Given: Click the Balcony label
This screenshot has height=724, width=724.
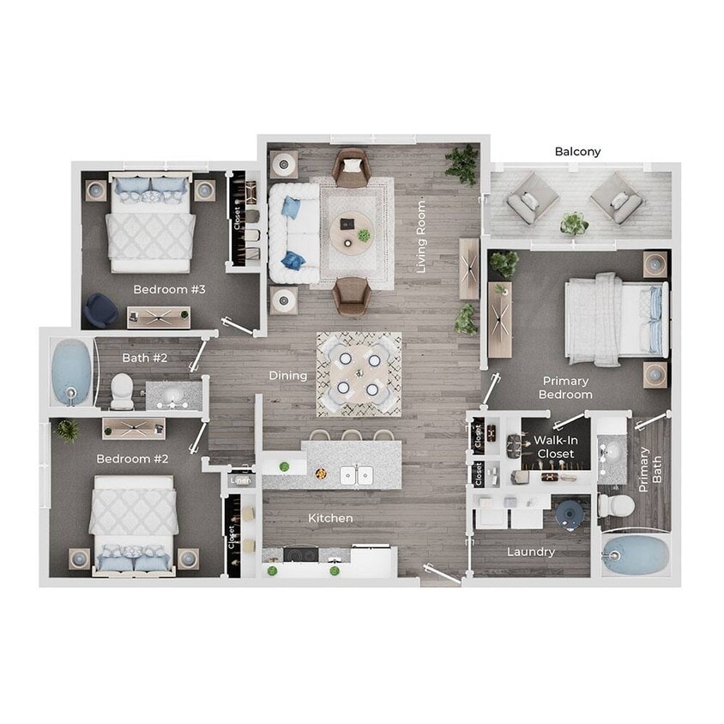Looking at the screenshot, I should (577, 152).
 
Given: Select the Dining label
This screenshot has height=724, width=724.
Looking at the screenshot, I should (288, 376).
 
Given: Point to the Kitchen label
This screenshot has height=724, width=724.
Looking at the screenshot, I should (330, 518).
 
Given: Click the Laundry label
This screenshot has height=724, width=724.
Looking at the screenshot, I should (531, 552).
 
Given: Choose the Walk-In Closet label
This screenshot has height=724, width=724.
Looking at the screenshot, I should (554, 446).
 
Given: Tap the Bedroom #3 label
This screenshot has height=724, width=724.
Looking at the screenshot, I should (170, 290).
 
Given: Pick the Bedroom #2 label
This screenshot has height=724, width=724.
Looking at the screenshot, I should (133, 459).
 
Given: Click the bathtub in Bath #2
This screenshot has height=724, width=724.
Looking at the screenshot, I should (69, 373).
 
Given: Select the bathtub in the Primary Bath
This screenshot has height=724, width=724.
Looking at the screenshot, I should (636, 556).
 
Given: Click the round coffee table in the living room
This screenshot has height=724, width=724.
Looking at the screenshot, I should (351, 229).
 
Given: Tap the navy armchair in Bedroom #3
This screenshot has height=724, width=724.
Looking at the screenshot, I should (102, 309).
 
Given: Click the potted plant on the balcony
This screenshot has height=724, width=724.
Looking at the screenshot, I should (572, 223).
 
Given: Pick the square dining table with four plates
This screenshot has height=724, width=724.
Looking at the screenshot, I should (359, 373).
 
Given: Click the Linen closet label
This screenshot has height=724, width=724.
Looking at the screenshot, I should (241, 480).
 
